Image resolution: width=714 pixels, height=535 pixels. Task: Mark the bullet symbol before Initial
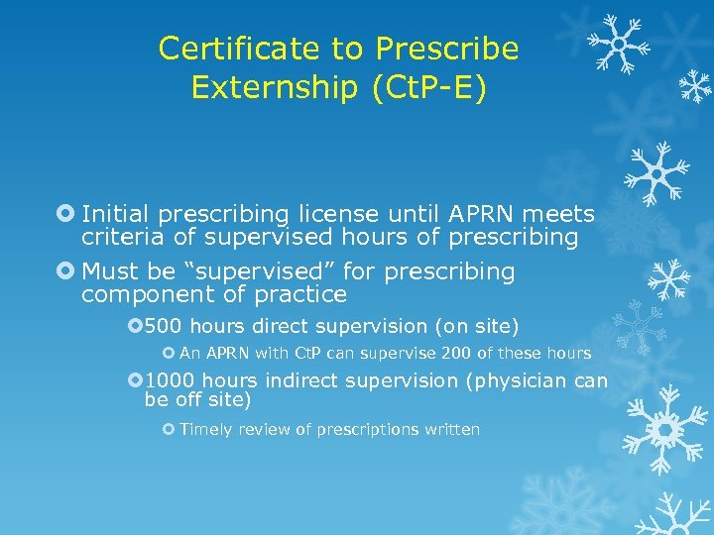65,214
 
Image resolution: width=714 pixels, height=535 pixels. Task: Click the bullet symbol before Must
65,271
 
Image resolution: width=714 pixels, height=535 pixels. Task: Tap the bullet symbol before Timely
168,429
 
